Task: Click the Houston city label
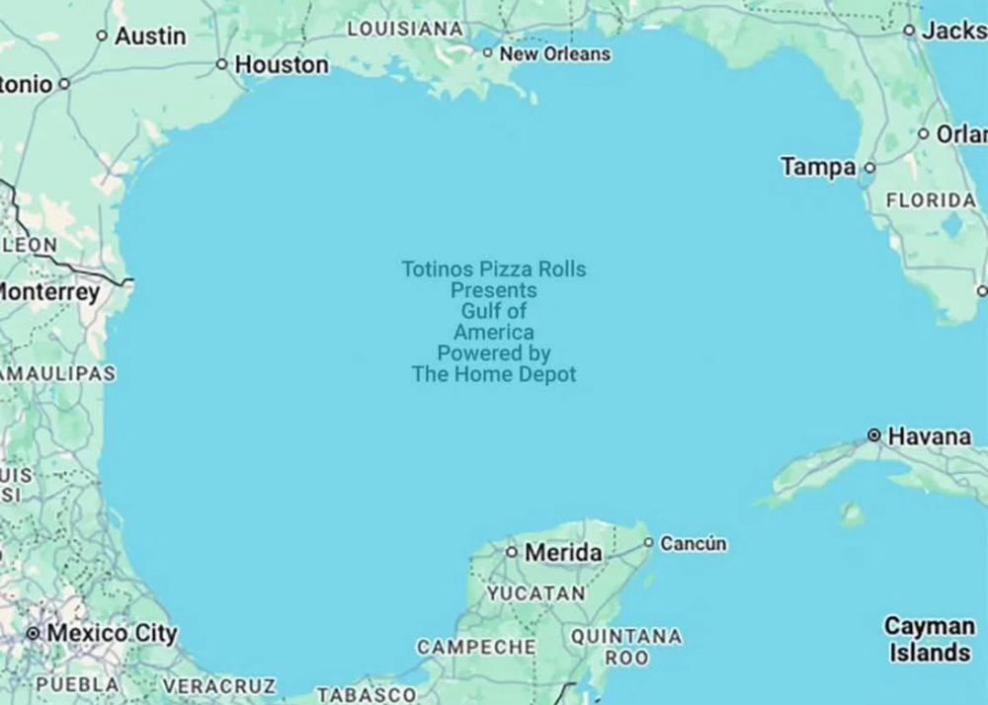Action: pyautogui.click(x=281, y=65)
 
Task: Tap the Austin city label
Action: pyautogui.click(x=149, y=37)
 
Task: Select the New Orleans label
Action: pyautogui.click(x=554, y=54)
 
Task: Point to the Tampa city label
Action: pyautogui.click(x=818, y=168)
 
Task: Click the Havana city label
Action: pyautogui.click(x=929, y=435)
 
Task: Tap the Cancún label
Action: pyautogui.click(x=693, y=543)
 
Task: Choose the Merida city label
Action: pyautogui.click(x=562, y=553)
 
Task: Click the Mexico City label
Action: pyautogui.click(x=112, y=633)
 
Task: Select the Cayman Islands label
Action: pyautogui.click(x=928, y=639)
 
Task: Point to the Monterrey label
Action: pyautogui.click(x=49, y=292)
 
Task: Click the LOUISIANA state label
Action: pyautogui.click(x=405, y=30)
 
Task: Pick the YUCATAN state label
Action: pyautogui.click(x=535, y=594)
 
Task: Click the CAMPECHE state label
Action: pyautogui.click(x=476, y=648)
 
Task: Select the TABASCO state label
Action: pyautogui.click(x=367, y=694)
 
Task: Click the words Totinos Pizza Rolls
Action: pyautogui.click(x=493, y=269)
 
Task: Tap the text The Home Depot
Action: pyautogui.click(x=493, y=374)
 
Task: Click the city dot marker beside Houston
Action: pyautogui.click(x=222, y=64)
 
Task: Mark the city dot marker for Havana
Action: pyautogui.click(x=873, y=434)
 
